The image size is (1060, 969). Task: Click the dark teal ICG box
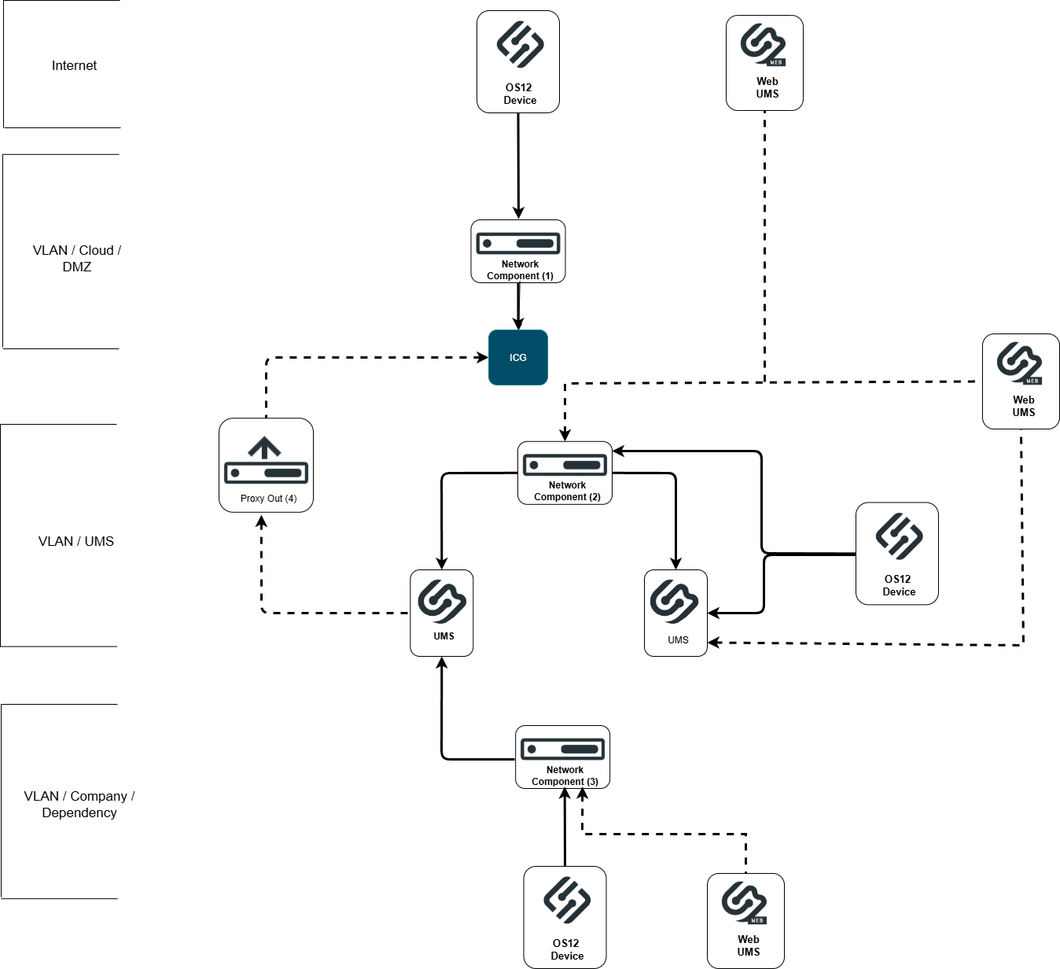coord(518,357)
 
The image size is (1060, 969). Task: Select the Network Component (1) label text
coord(520,270)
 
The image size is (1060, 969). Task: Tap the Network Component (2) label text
coord(567,491)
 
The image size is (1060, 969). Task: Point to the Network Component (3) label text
coord(565,776)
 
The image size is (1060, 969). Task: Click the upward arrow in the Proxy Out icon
coord(265,447)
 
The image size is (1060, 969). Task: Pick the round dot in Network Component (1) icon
coord(488,244)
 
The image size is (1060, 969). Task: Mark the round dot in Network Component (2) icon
coord(534,465)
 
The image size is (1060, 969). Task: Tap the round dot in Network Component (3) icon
coord(532,750)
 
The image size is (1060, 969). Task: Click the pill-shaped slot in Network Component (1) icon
coord(535,244)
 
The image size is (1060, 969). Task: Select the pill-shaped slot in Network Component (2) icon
coord(582,465)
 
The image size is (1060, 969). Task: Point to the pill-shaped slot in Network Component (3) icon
coord(580,750)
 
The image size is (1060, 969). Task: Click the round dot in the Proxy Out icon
coord(235,473)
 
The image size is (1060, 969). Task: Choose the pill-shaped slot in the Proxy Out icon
coord(283,473)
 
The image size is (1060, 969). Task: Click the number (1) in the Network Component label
coord(547,276)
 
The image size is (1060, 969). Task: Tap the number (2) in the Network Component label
coord(594,497)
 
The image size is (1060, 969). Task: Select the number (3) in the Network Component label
coord(592,782)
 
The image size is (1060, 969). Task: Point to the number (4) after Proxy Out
coord(291,499)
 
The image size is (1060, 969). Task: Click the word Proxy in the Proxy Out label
coord(252,499)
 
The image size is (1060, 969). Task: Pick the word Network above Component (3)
coord(565,770)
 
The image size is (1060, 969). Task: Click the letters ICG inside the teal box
coord(518,358)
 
